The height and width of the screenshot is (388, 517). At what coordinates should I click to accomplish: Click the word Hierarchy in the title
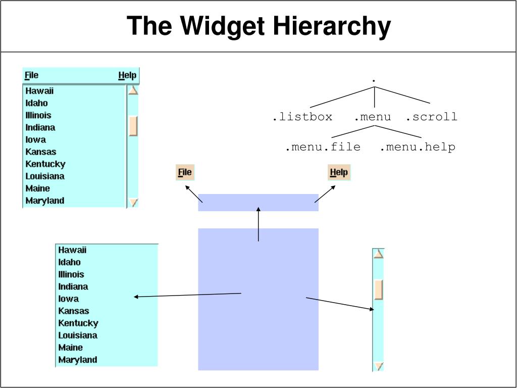click(x=332, y=26)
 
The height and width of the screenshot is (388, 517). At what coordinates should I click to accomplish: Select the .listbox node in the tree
click(x=302, y=117)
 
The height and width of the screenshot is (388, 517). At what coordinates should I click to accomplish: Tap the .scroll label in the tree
click(x=432, y=117)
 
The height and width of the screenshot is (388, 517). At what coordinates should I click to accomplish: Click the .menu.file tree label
click(x=323, y=147)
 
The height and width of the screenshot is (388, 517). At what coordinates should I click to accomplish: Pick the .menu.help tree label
click(x=418, y=147)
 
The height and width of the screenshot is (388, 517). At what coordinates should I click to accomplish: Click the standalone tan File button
click(x=185, y=172)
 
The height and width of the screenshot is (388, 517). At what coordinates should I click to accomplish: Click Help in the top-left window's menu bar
click(x=127, y=75)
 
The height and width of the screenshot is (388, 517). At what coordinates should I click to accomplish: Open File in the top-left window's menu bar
click(x=31, y=75)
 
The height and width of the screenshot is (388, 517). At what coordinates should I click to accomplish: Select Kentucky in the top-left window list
click(x=45, y=164)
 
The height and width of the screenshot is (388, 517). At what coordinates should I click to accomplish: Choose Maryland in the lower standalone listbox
click(x=77, y=360)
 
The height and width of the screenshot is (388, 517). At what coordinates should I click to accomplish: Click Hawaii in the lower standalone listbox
click(x=72, y=250)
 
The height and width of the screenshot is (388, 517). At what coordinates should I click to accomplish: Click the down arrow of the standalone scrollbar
click(x=378, y=366)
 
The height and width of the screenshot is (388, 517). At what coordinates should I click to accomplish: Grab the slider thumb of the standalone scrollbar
click(x=378, y=289)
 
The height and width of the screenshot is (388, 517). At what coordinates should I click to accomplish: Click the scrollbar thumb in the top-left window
click(x=133, y=126)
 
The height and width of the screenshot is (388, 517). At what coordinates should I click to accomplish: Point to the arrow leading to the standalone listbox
click(x=187, y=295)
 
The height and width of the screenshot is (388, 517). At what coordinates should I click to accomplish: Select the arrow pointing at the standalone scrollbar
click(x=340, y=304)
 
